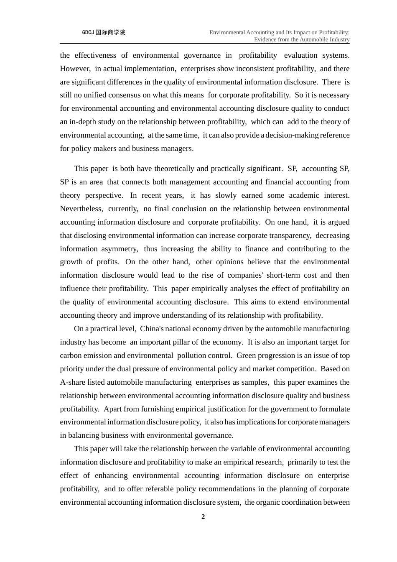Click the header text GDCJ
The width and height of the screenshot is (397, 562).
tap(88, 32)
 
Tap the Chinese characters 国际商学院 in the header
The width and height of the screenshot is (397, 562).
tap(110, 32)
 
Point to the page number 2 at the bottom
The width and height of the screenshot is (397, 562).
tap(203, 517)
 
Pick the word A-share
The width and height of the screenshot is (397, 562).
tap(72, 382)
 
